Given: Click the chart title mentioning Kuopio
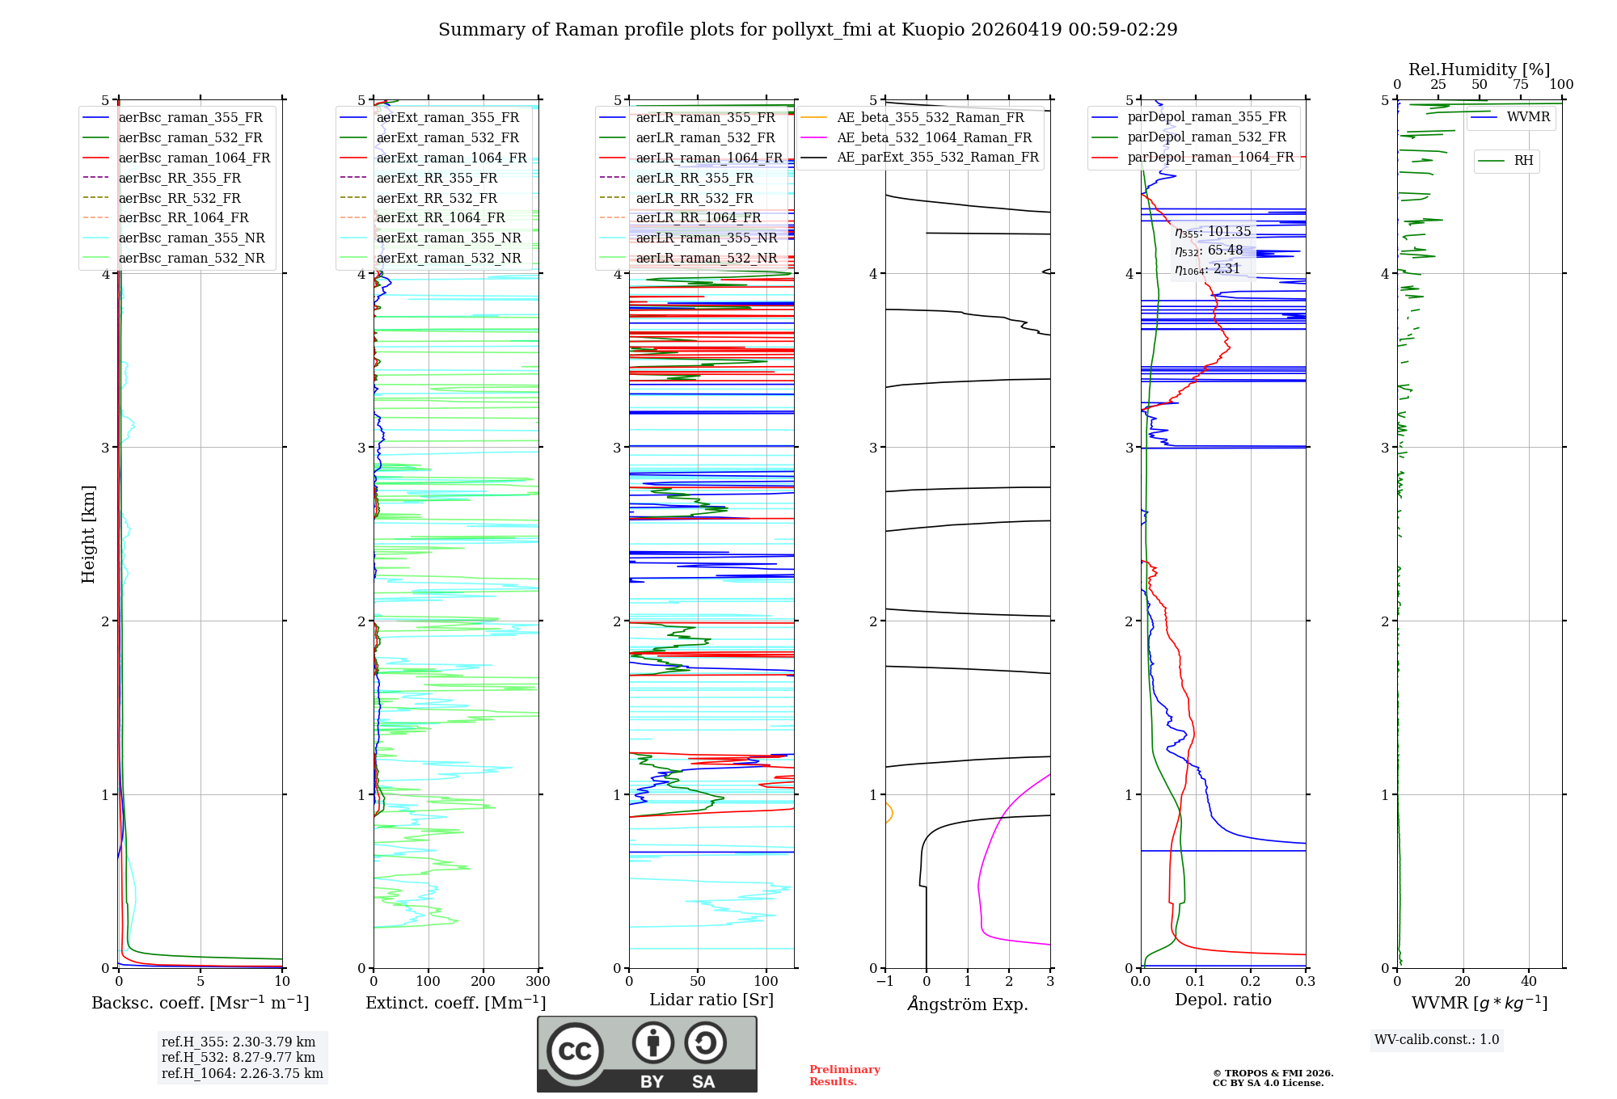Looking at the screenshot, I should pyautogui.click(x=807, y=30).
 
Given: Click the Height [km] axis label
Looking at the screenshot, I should pyautogui.click(x=88, y=533).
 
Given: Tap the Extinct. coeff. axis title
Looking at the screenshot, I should pyautogui.click(x=455, y=1003).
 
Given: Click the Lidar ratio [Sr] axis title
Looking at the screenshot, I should pyautogui.click(x=711, y=1000).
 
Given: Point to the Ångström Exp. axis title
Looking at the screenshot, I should pyautogui.click(x=968, y=1004).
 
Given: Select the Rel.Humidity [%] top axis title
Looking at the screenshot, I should pyautogui.click(x=1479, y=69).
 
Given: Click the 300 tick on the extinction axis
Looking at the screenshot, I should pyautogui.click(x=538, y=982).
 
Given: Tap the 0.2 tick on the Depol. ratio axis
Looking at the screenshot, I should pyautogui.click(x=1250, y=982).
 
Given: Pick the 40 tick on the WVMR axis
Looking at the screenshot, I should pyautogui.click(x=1528, y=982).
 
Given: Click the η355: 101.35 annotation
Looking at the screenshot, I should pyautogui.click(x=1213, y=232).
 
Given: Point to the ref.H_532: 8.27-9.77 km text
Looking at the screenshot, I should pyautogui.click(x=238, y=1057).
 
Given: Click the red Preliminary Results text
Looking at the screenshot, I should pyautogui.click(x=844, y=1075).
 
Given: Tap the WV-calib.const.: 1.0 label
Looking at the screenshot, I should pyautogui.click(x=1436, y=1040).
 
